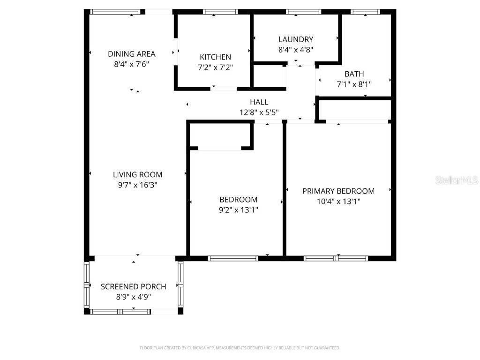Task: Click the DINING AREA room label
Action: [x=131, y=54]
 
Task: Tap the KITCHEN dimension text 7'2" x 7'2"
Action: [x=215, y=67]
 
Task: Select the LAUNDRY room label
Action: [x=295, y=39]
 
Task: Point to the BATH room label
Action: [x=354, y=74]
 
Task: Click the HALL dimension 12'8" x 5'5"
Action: [x=259, y=112]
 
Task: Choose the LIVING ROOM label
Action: [x=137, y=174]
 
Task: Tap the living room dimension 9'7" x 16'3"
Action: [x=137, y=185]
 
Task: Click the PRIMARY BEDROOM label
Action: [x=338, y=191]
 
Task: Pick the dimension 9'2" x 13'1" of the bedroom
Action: [x=239, y=210]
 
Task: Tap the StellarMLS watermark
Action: [x=456, y=180]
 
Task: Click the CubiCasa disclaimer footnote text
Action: [x=240, y=348]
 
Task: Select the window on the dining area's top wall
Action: [x=115, y=12]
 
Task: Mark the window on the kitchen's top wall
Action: [x=214, y=12]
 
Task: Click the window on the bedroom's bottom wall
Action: [x=233, y=258]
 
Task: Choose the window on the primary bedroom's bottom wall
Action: [x=336, y=258]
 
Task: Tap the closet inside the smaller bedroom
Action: [x=220, y=136]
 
